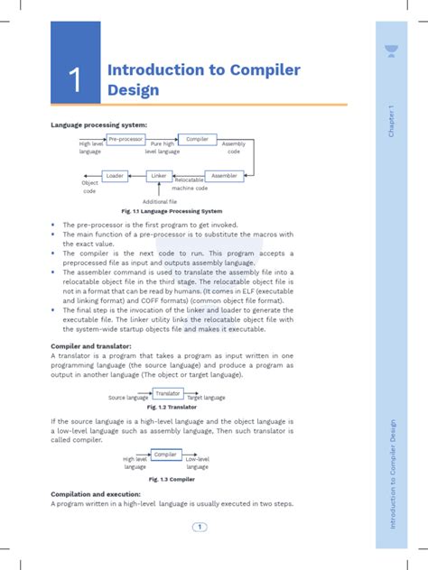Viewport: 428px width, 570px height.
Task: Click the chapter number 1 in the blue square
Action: (x=77, y=81)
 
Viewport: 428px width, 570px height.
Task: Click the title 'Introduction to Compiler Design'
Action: (x=203, y=79)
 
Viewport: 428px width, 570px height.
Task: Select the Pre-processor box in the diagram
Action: (x=126, y=139)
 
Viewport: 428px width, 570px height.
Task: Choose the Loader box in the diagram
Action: (x=115, y=175)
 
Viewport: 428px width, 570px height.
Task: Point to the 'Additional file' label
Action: (x=160, y=201)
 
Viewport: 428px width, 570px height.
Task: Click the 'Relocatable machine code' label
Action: (x=191, y=184)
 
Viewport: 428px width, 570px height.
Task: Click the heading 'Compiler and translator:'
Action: (x=91, y=345)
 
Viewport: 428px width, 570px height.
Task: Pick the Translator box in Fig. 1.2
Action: (x=167, y=393)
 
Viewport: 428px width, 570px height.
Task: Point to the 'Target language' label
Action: (x=206, y=398)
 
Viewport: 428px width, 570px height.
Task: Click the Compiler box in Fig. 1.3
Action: (x=165, y=455)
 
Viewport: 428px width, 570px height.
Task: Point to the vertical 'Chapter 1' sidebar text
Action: (x=392, y=122)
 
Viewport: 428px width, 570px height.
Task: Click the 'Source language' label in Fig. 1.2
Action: (x=128, y=398)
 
